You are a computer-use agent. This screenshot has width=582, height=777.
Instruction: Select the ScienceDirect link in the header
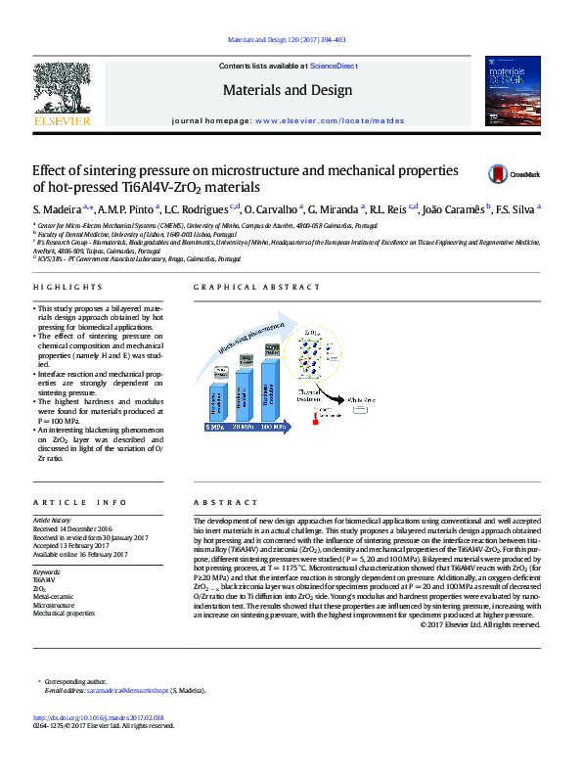333,66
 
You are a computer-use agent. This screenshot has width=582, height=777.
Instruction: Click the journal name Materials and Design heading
287,91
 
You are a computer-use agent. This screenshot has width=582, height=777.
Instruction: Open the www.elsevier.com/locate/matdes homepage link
328,118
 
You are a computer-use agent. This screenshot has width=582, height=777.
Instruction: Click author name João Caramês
456,209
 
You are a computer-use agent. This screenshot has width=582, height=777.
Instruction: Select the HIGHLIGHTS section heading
67,287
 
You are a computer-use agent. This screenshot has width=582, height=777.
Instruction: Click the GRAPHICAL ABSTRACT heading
257,287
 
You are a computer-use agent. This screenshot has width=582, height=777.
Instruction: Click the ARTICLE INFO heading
73,501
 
